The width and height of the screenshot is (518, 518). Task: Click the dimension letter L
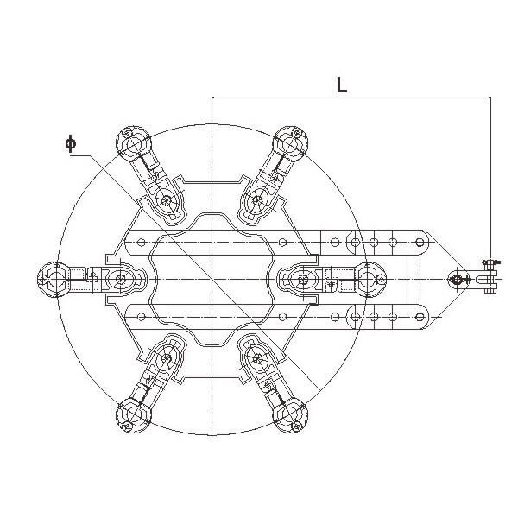342,85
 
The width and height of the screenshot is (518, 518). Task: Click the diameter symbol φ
71,143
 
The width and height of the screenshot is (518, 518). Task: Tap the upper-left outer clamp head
134,142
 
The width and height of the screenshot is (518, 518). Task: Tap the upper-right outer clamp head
291,142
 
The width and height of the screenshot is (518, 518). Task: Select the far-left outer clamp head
54,280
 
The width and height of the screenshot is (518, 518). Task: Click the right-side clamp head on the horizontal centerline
370,280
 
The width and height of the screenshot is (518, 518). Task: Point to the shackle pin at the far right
490,277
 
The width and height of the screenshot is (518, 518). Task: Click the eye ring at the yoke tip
457,280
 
